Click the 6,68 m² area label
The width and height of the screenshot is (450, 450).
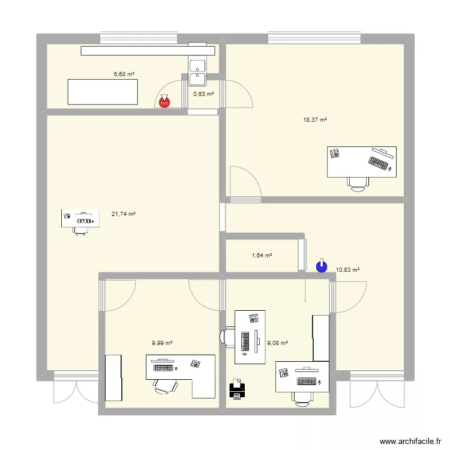(x=124, y=74)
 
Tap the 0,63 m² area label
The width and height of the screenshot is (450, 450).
(x=203, y=94)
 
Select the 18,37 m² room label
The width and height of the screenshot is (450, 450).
(x=315, y=120)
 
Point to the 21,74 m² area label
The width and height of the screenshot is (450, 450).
(x=124, y=214)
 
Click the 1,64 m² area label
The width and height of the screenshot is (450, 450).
(x=262, y=256)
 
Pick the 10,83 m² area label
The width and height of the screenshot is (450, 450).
(x=347, y=270)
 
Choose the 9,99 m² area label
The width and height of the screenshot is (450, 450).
(x=162, y=343)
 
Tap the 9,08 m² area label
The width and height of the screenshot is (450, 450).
(x=277, y=343)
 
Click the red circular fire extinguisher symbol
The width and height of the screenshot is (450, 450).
(x=164, y=103)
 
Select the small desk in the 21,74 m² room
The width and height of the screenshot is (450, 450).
(x=80, y=218)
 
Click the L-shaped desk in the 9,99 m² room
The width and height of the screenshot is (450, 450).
(x=180, y=372)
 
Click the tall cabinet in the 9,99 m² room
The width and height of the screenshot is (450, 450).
(x=114, y=377)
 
